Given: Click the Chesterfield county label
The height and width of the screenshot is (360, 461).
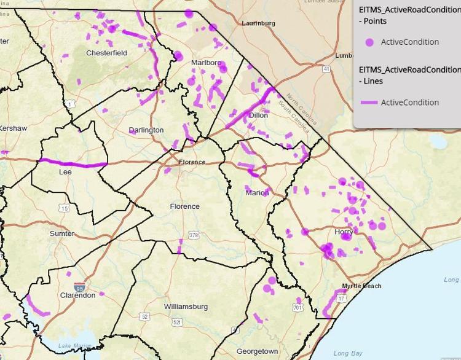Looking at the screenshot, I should click(106, 53).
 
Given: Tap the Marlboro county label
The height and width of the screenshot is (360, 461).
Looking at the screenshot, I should click(205, 63).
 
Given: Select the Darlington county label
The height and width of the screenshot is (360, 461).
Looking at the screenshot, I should click(146, 130).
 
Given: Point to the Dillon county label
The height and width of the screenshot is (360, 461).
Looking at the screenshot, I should click(258, 115).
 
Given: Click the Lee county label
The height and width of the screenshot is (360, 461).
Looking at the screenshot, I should click(65, 172).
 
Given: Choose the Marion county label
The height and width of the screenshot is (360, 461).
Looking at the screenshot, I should click(257, 192).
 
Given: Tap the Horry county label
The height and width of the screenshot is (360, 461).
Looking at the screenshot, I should click(344, 232).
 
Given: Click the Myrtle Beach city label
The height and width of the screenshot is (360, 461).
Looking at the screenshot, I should click(361, 286).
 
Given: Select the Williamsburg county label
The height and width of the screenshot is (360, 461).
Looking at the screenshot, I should click(186, 306).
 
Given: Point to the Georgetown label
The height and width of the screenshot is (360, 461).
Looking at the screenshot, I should click(257, 351).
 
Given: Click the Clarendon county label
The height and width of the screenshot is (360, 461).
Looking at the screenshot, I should click(77, 295).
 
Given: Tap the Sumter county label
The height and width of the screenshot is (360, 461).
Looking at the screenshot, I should click(61, 233).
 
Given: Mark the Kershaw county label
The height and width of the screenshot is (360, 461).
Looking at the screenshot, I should click(13, 128).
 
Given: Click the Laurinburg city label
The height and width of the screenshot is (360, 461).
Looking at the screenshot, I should click(258, 23).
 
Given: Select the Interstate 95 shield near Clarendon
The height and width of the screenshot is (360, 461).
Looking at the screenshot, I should click(79, 287).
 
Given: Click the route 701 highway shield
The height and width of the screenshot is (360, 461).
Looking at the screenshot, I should click(298, 308).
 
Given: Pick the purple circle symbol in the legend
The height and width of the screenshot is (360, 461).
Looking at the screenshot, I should click(369, 42).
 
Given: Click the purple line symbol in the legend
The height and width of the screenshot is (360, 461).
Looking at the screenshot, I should click(369, 103).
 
